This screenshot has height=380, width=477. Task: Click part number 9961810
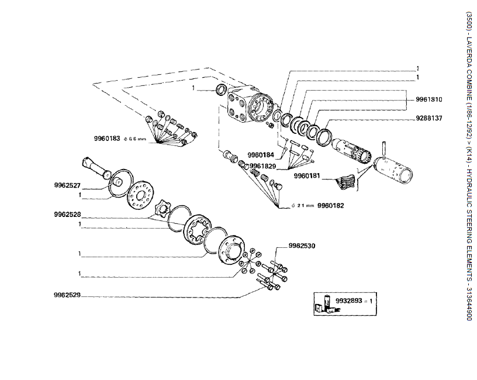point(429,99)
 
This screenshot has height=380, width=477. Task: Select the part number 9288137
point(429,118)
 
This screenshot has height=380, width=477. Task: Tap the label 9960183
point(106,139)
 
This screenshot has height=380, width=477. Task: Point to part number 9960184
point(261,156)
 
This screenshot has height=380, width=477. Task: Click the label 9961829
point(263,166)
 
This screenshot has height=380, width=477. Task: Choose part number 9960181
point(307,175)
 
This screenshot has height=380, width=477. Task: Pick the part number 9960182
point(331,206)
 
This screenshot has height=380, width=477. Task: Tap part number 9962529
point(67,296)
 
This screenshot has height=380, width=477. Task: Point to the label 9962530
point(302,246)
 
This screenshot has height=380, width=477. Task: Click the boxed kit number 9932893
point(348,300)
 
